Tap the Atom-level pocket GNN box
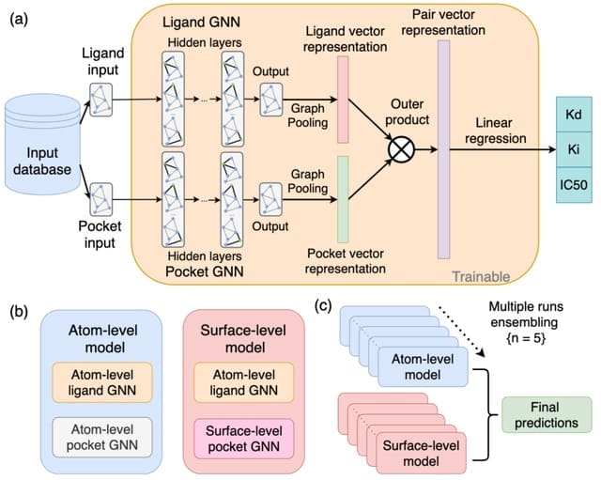point(100,434)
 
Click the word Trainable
point(481,277)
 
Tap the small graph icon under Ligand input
point(100,94)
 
